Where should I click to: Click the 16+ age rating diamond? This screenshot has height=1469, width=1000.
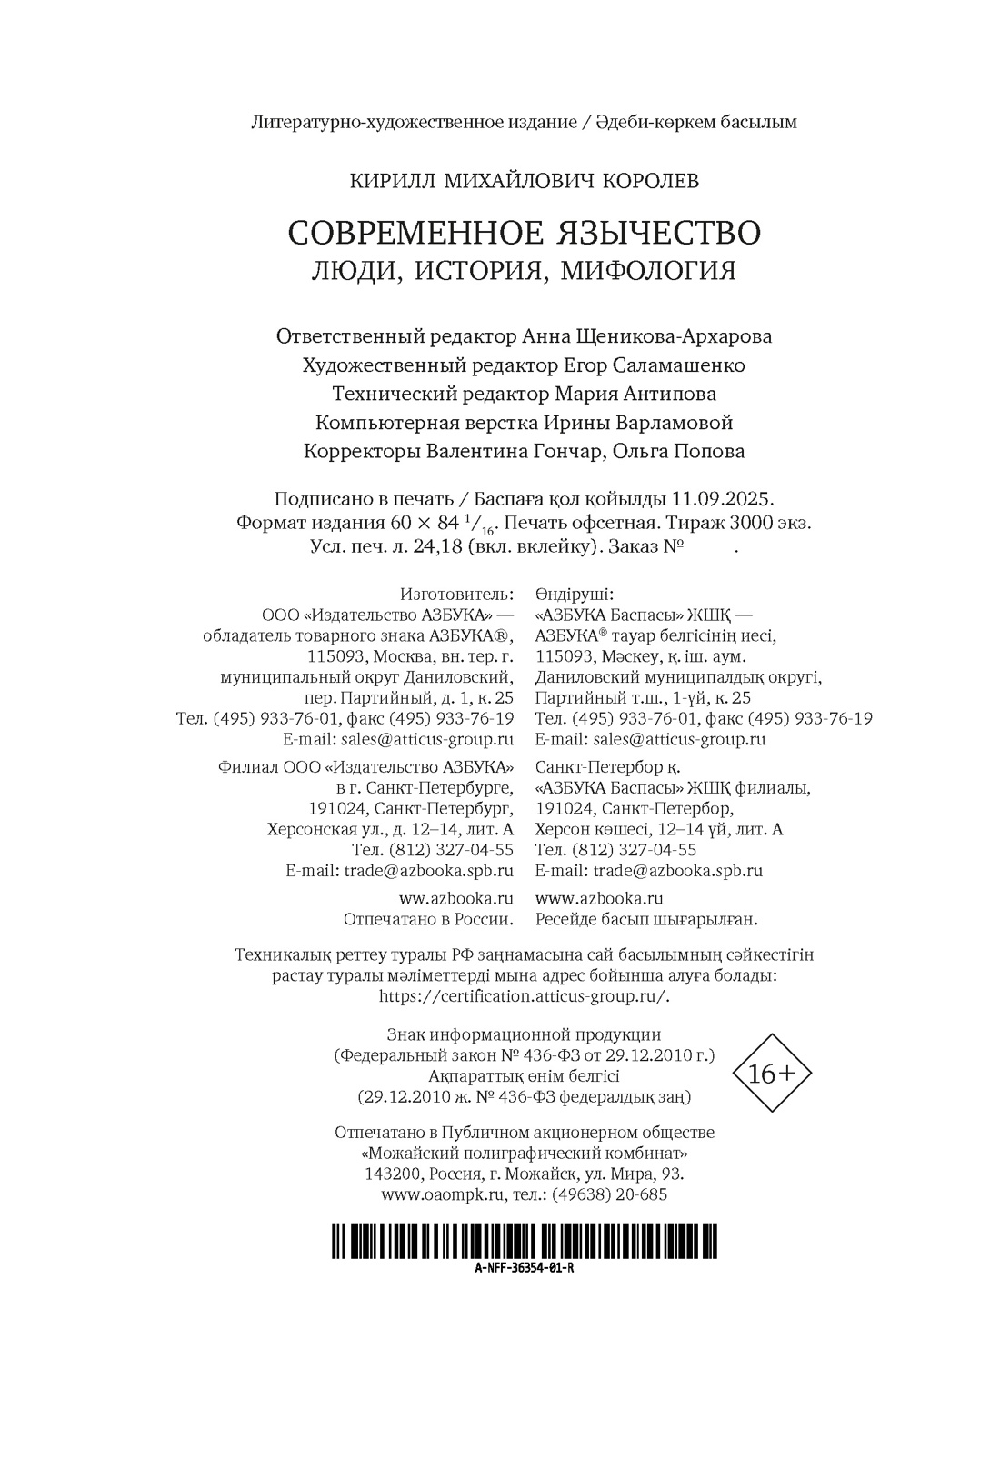[772, 1073]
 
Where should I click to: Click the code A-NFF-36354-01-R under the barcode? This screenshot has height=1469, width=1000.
[524, 1269]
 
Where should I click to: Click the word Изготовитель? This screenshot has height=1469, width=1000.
[456, 595]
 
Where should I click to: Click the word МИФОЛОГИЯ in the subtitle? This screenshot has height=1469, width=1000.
[647, 271]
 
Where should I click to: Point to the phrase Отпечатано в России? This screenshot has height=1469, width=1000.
[427, 919]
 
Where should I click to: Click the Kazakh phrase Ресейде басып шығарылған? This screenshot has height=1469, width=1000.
[646, 919]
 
